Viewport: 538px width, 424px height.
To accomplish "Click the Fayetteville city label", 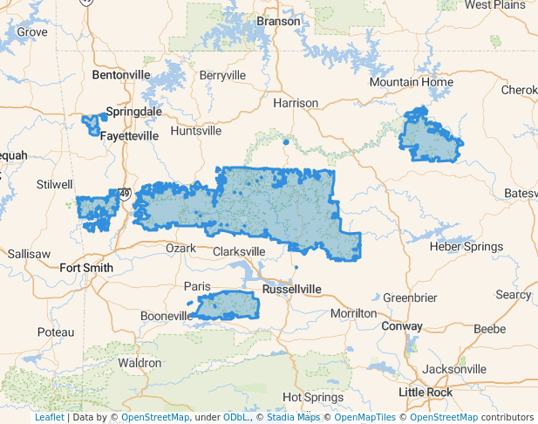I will [129, 136].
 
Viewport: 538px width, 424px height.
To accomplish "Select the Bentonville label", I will [121, 75].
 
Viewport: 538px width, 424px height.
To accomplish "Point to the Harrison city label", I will [296, 103].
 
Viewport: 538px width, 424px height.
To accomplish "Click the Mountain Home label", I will [412, 82].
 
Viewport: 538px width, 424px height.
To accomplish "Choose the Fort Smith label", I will [86, 268].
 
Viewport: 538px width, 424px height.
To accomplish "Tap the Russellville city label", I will [291, 289].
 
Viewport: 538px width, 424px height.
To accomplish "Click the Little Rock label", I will [426, 393].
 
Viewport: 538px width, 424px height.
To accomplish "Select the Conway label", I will [402, 326].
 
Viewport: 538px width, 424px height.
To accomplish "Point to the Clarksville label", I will [239, 251].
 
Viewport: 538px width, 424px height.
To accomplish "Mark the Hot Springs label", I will [313, 398].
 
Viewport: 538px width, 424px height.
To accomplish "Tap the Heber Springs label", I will [466, 247].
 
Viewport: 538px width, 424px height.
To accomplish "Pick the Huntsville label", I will [196, 131].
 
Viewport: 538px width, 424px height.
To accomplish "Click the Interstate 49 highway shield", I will [126, 194].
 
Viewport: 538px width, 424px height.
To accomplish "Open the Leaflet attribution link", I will [49, 418].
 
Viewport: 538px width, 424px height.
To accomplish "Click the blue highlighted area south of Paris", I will [228, 306].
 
